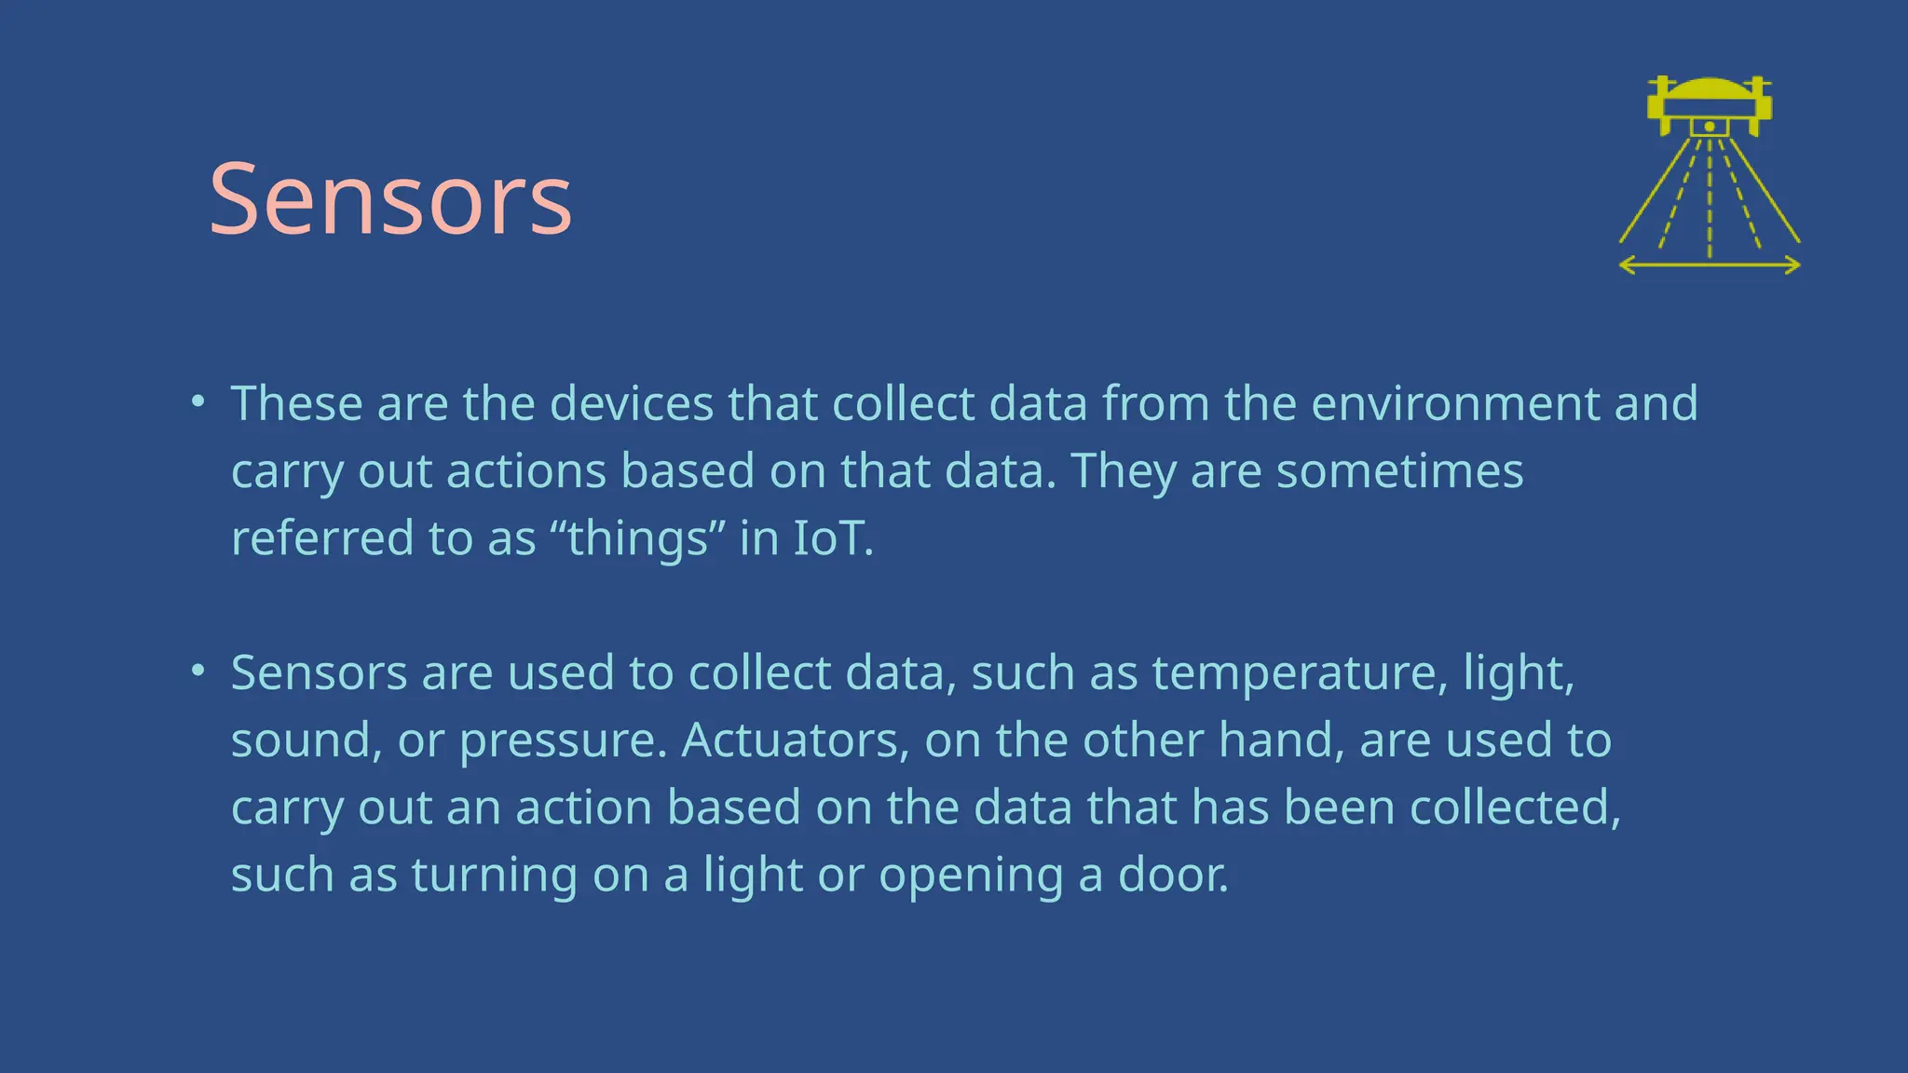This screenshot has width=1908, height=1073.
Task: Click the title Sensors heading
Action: pos(390,199)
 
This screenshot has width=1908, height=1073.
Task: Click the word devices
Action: pos(632,403)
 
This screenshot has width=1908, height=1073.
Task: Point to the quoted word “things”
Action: pos(637,538)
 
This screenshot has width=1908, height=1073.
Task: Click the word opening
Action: pos(970,876)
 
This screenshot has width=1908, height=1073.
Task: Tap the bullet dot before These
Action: pos(197,402)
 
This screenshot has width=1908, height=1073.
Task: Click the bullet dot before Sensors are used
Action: pos(197,672)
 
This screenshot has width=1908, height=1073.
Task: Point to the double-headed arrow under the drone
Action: pos(1710,266)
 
